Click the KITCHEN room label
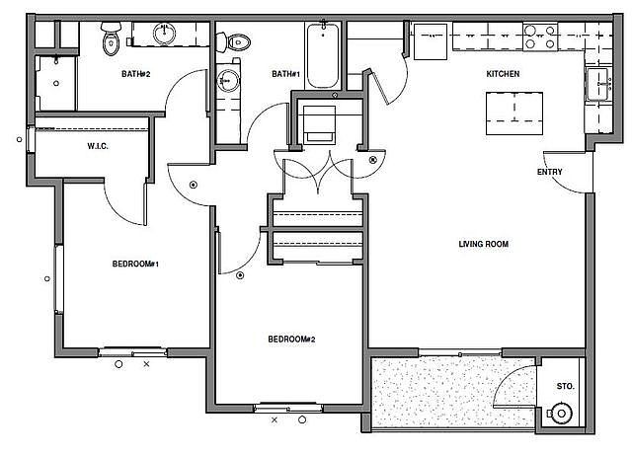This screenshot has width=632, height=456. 503,74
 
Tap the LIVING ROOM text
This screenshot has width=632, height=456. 483,244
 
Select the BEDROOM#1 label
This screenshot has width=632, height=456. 135,264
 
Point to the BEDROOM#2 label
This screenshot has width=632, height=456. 291,340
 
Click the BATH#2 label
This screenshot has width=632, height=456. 136,74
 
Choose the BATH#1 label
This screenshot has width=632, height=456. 285,74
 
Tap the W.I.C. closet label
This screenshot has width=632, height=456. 98,146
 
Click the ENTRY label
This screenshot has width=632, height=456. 550,172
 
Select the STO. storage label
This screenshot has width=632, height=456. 566,386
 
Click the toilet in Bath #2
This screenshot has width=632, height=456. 111,38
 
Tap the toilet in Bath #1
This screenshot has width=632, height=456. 234,41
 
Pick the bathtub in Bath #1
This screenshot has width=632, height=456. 323,55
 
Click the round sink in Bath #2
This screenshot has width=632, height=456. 165,34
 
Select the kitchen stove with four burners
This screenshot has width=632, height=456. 540,37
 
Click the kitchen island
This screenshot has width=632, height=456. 514,114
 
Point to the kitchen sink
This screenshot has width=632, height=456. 597,84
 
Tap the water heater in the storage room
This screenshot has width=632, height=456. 562,414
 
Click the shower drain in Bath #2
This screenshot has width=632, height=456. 56,83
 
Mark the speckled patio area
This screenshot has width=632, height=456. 453,393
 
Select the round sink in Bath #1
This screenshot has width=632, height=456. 228,81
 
